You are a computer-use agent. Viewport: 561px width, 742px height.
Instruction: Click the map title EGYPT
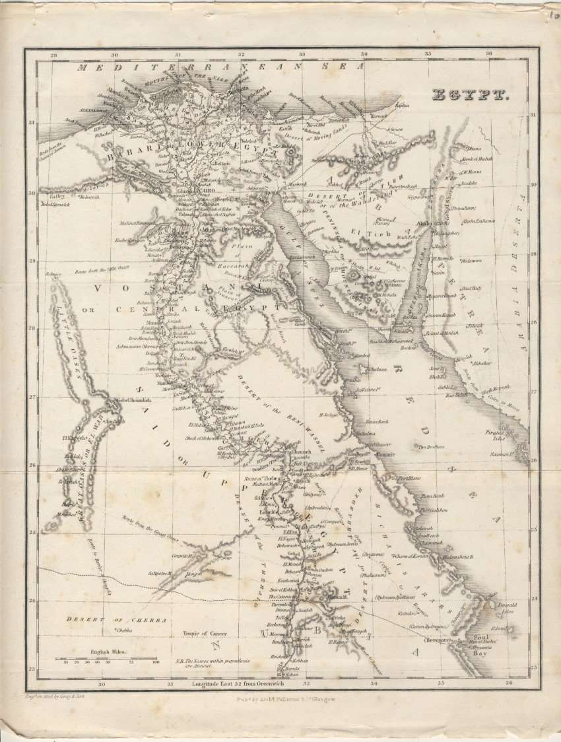coord(469,95)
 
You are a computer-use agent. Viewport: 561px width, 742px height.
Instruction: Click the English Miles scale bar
coord(106,658)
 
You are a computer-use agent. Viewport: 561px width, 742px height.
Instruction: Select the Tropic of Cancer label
coord(204,632)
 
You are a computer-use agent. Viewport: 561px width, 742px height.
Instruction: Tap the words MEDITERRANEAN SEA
coord(220,67)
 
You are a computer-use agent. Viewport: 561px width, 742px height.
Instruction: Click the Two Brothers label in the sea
coord(430,446)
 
